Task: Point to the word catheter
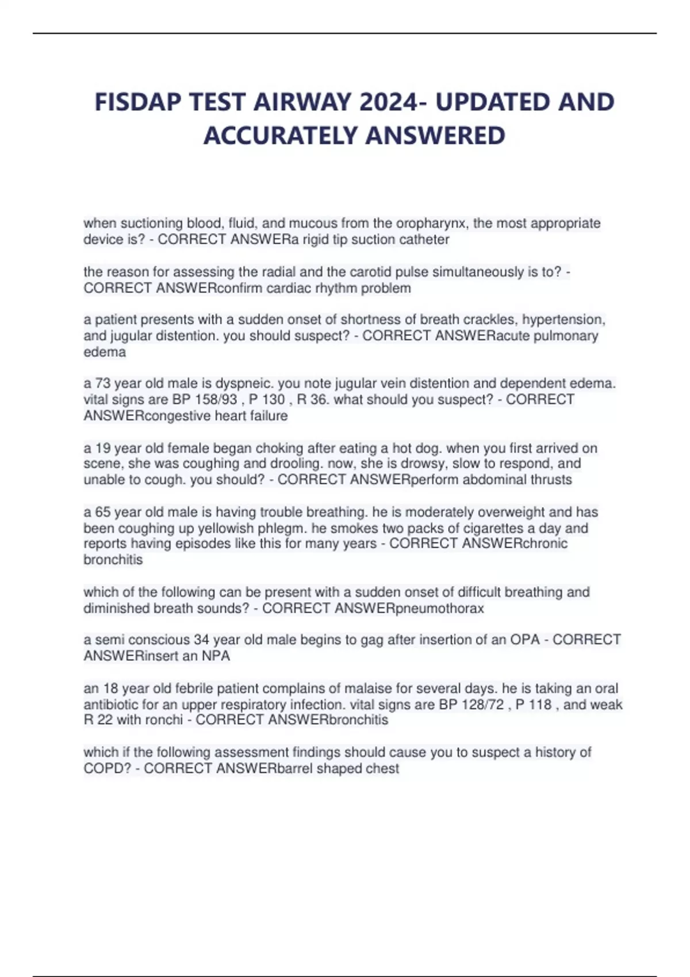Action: coord(424,239)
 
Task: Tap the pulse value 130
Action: coord(273,399)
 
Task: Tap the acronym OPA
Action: coord(524,640)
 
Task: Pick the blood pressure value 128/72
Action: coord(483,705)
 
